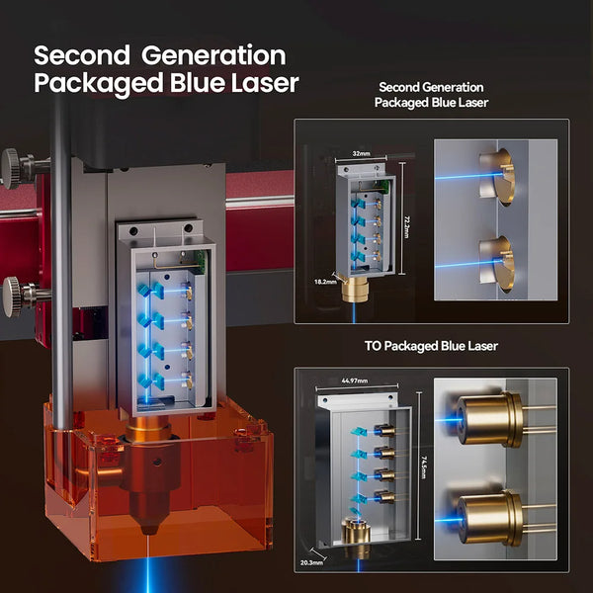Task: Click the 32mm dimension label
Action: [x=361, y=154]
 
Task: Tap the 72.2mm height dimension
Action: [x=406, y=227]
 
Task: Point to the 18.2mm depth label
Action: [x=325, y=282]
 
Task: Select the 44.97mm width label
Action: [x=355, y=381]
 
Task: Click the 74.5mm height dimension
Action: [x=424, y=467]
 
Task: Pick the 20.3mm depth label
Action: [x=311, y=562]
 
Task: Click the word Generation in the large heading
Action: [x=213, y=55]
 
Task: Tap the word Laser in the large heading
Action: [x=265, y=83]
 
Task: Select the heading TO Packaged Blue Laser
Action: [x=431, y=346]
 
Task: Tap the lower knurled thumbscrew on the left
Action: [x=13, y=296]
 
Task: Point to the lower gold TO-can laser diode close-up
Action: [x=490, y=517]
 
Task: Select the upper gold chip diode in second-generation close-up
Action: [x=498, y=176]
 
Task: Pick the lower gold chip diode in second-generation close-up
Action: [x=498, y=264]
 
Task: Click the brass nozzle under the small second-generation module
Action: [x=355, y=290]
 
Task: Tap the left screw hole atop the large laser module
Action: [x=133, y=230]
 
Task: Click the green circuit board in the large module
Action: [x=201, y=261]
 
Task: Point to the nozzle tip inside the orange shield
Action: [x=149, y=529]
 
